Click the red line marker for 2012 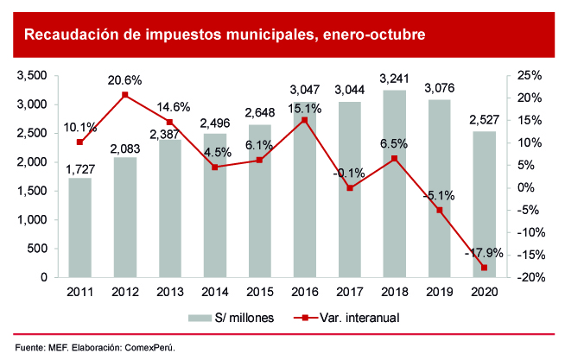pos(125,95)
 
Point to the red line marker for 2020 pos(485,268)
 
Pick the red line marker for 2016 pos(304,120)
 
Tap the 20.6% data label pos(124,80)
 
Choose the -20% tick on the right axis pos(528,277)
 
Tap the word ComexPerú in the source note pos(151,347)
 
